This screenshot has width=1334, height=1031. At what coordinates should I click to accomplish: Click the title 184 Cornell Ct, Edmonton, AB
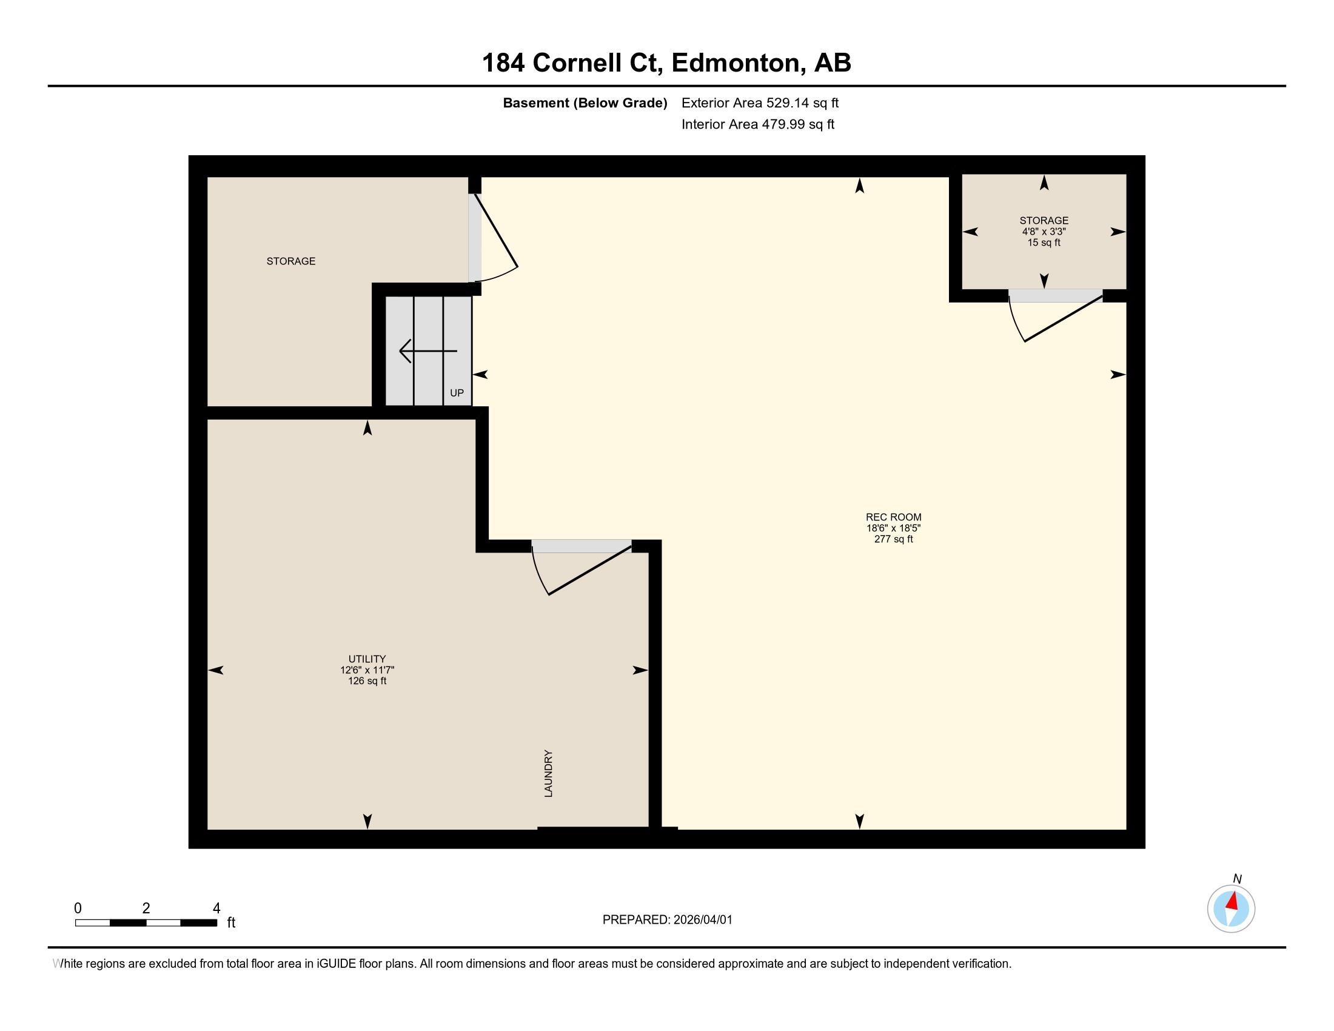coord(666,62)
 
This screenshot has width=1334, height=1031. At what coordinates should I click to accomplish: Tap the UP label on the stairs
coord(457,394)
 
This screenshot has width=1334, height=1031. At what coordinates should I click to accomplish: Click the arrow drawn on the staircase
coord(427,351)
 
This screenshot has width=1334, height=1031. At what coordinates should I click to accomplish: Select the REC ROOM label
coord(893,517)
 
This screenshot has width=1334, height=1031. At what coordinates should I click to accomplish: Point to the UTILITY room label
coord(367,659)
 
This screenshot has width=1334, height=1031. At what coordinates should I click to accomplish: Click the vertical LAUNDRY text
coord(549,773)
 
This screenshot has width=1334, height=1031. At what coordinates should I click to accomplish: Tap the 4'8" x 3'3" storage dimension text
coord(1044,232)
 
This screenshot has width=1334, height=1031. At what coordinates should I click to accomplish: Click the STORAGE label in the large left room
coord(290,261)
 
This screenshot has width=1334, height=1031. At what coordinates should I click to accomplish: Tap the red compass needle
coord(1233,901)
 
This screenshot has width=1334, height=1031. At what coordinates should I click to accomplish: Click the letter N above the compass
coord(1237,879)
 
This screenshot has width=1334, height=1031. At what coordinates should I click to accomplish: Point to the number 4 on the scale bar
coord(216,908)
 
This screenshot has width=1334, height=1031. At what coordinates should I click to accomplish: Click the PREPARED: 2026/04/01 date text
coord(667,920)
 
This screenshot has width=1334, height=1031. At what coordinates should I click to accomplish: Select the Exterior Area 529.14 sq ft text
coord(760,103)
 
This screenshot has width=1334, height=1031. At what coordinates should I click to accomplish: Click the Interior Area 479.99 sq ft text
coord(757,124)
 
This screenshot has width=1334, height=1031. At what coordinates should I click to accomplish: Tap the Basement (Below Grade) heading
coord(585,103)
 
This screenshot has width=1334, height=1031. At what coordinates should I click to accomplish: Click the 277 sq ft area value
coord(893,539)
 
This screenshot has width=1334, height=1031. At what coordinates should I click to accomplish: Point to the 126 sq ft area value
coord(367,681)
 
